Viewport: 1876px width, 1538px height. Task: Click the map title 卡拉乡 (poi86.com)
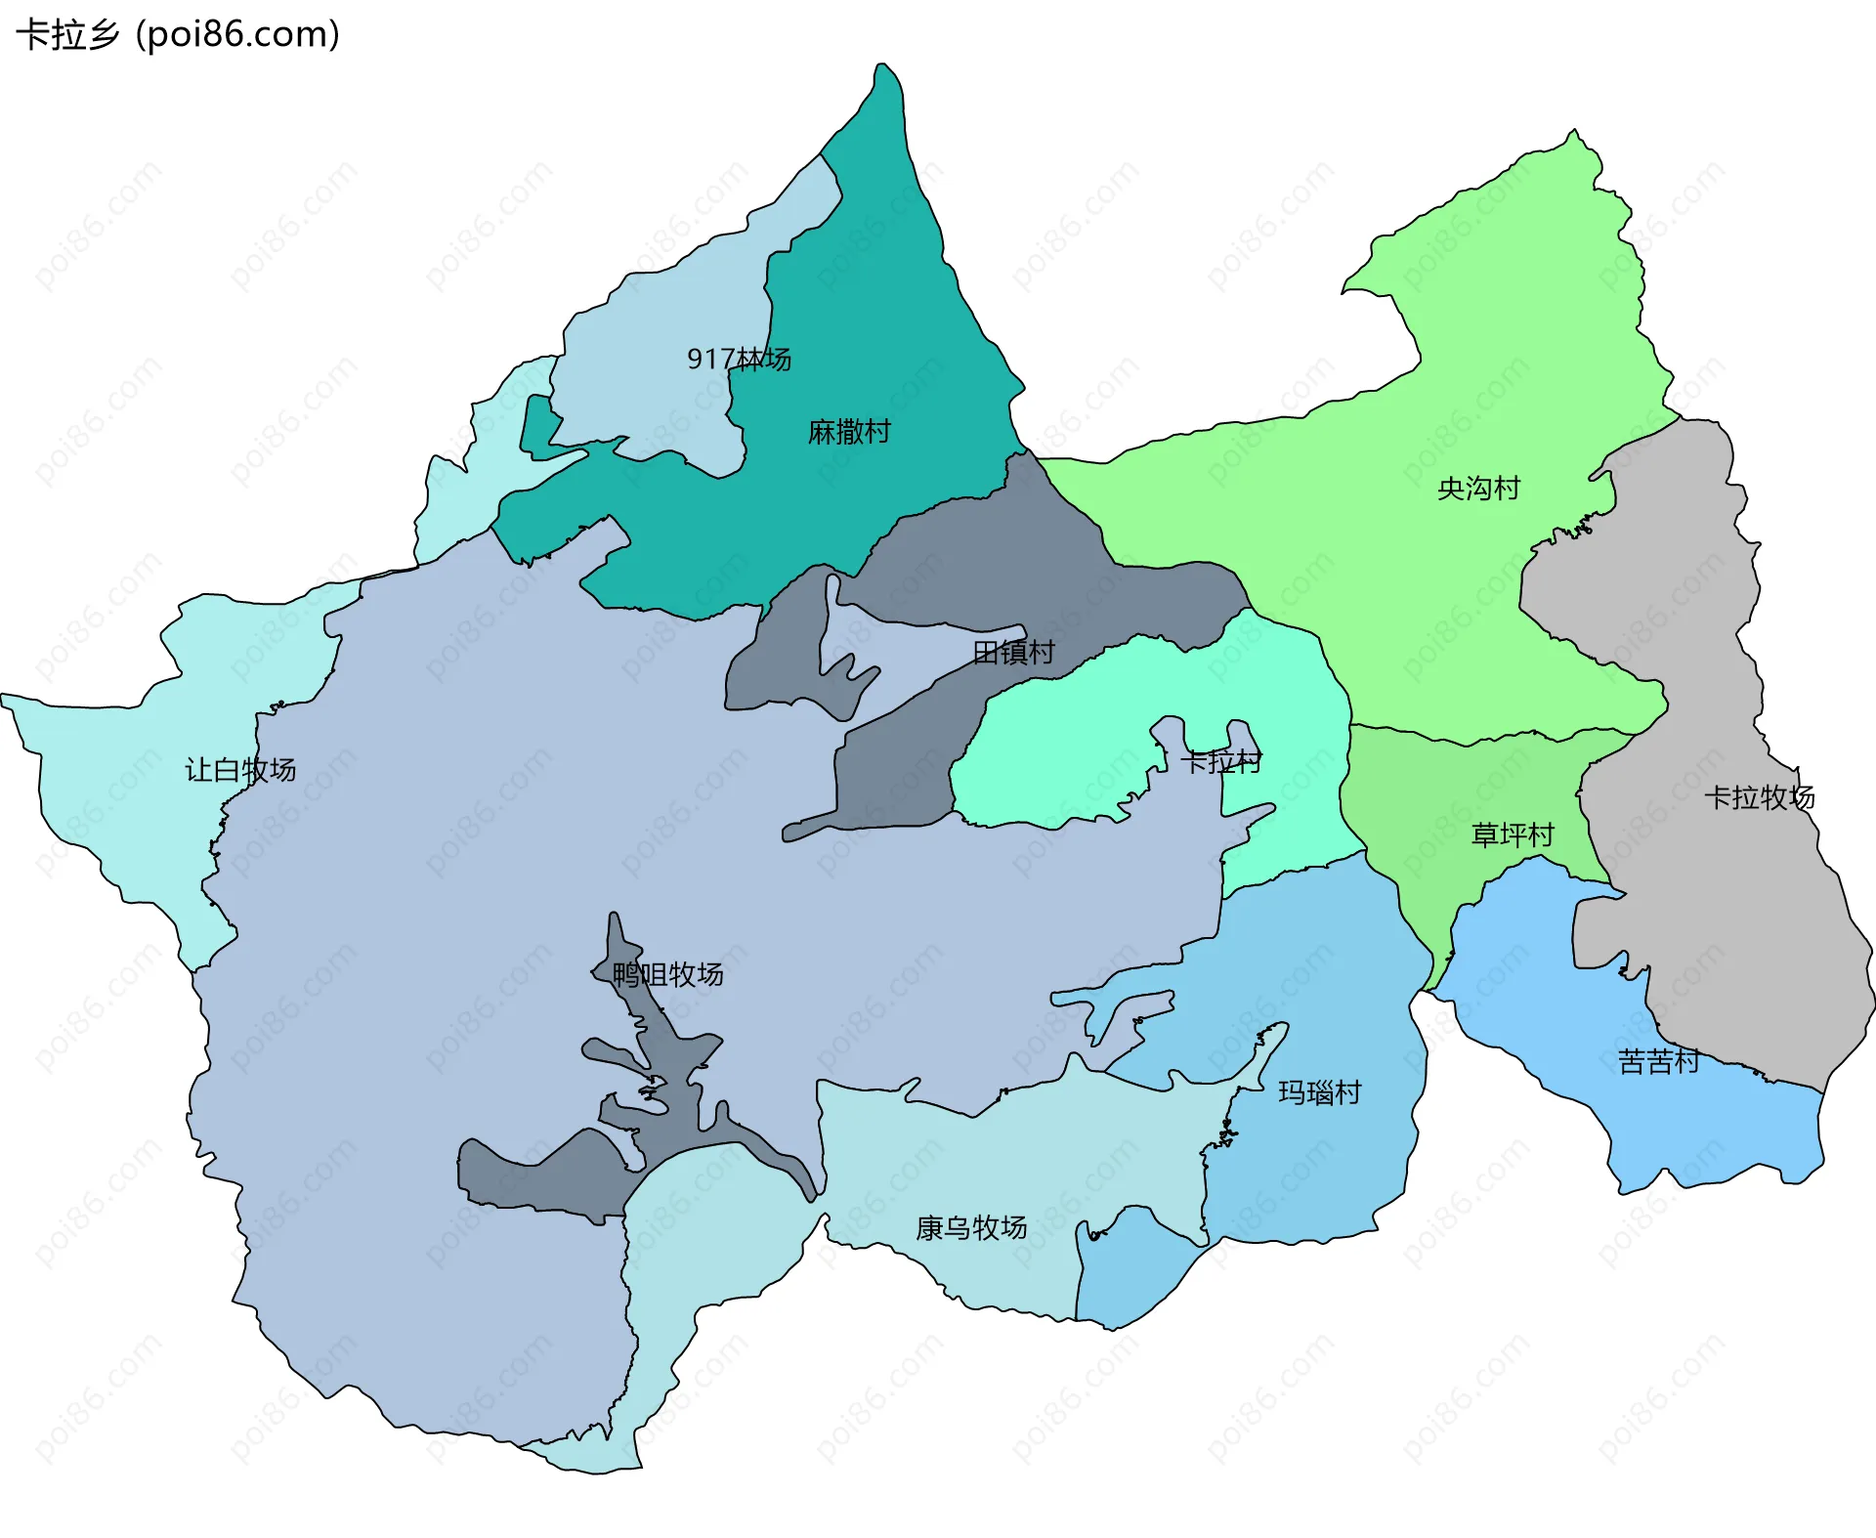(x=178, y=34)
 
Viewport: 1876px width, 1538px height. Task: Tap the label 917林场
(x=739, y=360)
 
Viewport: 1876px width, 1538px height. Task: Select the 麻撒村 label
(x=848, y=432)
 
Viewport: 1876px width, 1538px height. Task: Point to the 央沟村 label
(x=1478, y=489)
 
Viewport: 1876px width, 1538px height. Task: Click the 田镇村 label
(x=1013, y=652)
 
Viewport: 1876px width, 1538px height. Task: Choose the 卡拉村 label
(x=1220, y=762)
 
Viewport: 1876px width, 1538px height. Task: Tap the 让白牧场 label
(x=240, y=770)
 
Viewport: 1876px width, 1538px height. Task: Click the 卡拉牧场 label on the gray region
(x=1759, y=797)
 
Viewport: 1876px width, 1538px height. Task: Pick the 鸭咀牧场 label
(x=668, y=974)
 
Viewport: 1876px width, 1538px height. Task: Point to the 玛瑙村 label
(x=1319, y=1092)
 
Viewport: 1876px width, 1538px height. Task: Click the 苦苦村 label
(x=1658, y=1061)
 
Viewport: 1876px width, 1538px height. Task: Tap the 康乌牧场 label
(x=970, y=1228)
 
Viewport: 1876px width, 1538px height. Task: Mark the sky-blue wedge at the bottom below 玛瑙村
(x=1133, y=1270)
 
